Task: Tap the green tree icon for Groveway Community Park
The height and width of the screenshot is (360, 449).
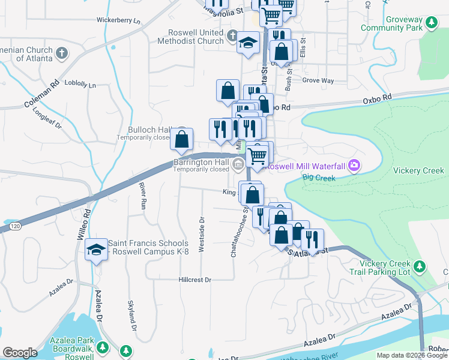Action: click(430, 23)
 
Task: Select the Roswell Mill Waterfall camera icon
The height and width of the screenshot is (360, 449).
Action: click(355, 164)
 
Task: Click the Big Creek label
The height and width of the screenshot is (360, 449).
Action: click(317, 177)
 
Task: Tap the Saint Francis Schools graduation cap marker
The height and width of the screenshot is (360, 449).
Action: click(96, 250)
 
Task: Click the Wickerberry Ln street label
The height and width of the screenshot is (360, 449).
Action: click(118, 20)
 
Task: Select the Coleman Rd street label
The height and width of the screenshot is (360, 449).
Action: click(41, 95)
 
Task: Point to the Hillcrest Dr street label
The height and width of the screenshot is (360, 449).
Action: click(195, 280)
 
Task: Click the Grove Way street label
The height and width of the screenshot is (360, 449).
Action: click(318, 80)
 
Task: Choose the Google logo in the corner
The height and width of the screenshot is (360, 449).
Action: click(20, 353)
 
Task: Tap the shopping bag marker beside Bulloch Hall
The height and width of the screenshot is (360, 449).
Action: click(182, 139)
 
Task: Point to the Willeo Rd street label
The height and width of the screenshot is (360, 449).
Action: click(82, 223)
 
